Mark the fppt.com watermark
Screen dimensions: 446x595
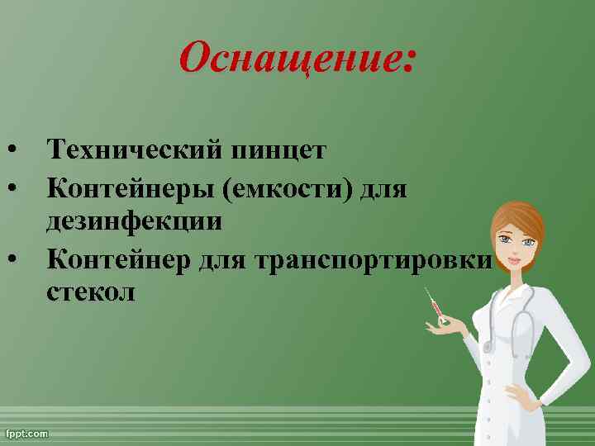point(27,433)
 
